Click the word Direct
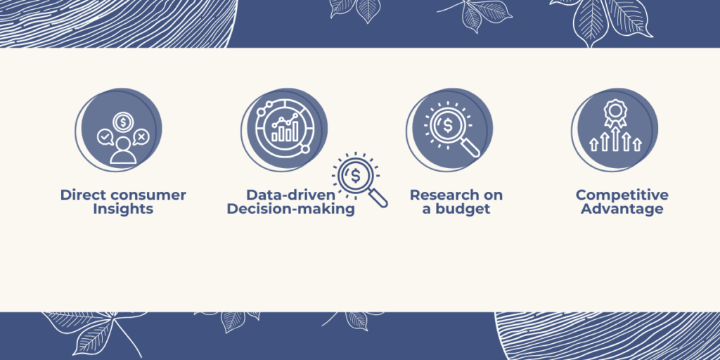[x=77, y=195]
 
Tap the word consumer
[x=141, y=195]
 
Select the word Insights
[x=123, y=210]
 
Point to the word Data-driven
[x=290, y=195]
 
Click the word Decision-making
[x=290, y=210]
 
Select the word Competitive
[x=622, y=195]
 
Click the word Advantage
[x=622, y=210]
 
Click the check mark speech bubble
[x=105, y=137]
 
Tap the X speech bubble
[x=141, y=137]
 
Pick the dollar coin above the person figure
[x=122, y=122]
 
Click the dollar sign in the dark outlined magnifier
[x=355, y=175]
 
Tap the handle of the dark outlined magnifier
[x=379, y=198]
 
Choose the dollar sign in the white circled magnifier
[x=447, y=125]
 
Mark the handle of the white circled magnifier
[x=470, y=148]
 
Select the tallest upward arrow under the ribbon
[x=615, y=140]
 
